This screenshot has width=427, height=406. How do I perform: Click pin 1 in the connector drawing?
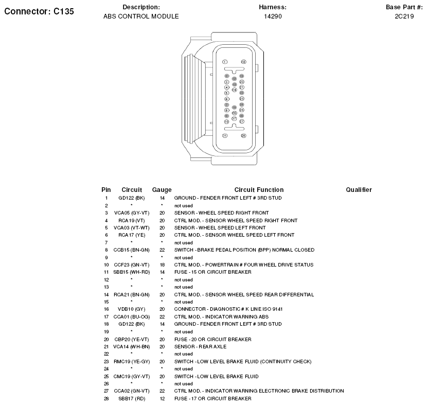pos(225,62)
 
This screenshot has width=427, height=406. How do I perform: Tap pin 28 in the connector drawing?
pos(243,135)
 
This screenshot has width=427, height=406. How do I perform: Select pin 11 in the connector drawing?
pos(225,135)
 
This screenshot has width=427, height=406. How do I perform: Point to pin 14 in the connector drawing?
pos(234,90)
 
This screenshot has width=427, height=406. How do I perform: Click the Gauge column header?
pos(162,190)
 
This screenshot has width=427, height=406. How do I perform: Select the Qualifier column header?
pos(359,190)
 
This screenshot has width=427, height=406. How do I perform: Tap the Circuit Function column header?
pos(259,190)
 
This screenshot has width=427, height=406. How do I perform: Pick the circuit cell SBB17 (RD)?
pos(132,398)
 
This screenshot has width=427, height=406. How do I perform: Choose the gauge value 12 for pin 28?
pos(162,398)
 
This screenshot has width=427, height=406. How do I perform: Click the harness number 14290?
pos(273,16)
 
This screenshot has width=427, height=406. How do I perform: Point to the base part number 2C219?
pos(404,16)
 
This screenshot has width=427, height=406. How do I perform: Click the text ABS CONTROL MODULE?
pos(141,16)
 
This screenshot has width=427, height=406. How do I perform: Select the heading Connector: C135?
pos(39,11)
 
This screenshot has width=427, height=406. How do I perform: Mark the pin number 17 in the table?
pos(106,316)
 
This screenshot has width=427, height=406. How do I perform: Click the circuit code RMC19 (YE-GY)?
pos(132,361)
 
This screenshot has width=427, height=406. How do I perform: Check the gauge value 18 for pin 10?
pos(162,264)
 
